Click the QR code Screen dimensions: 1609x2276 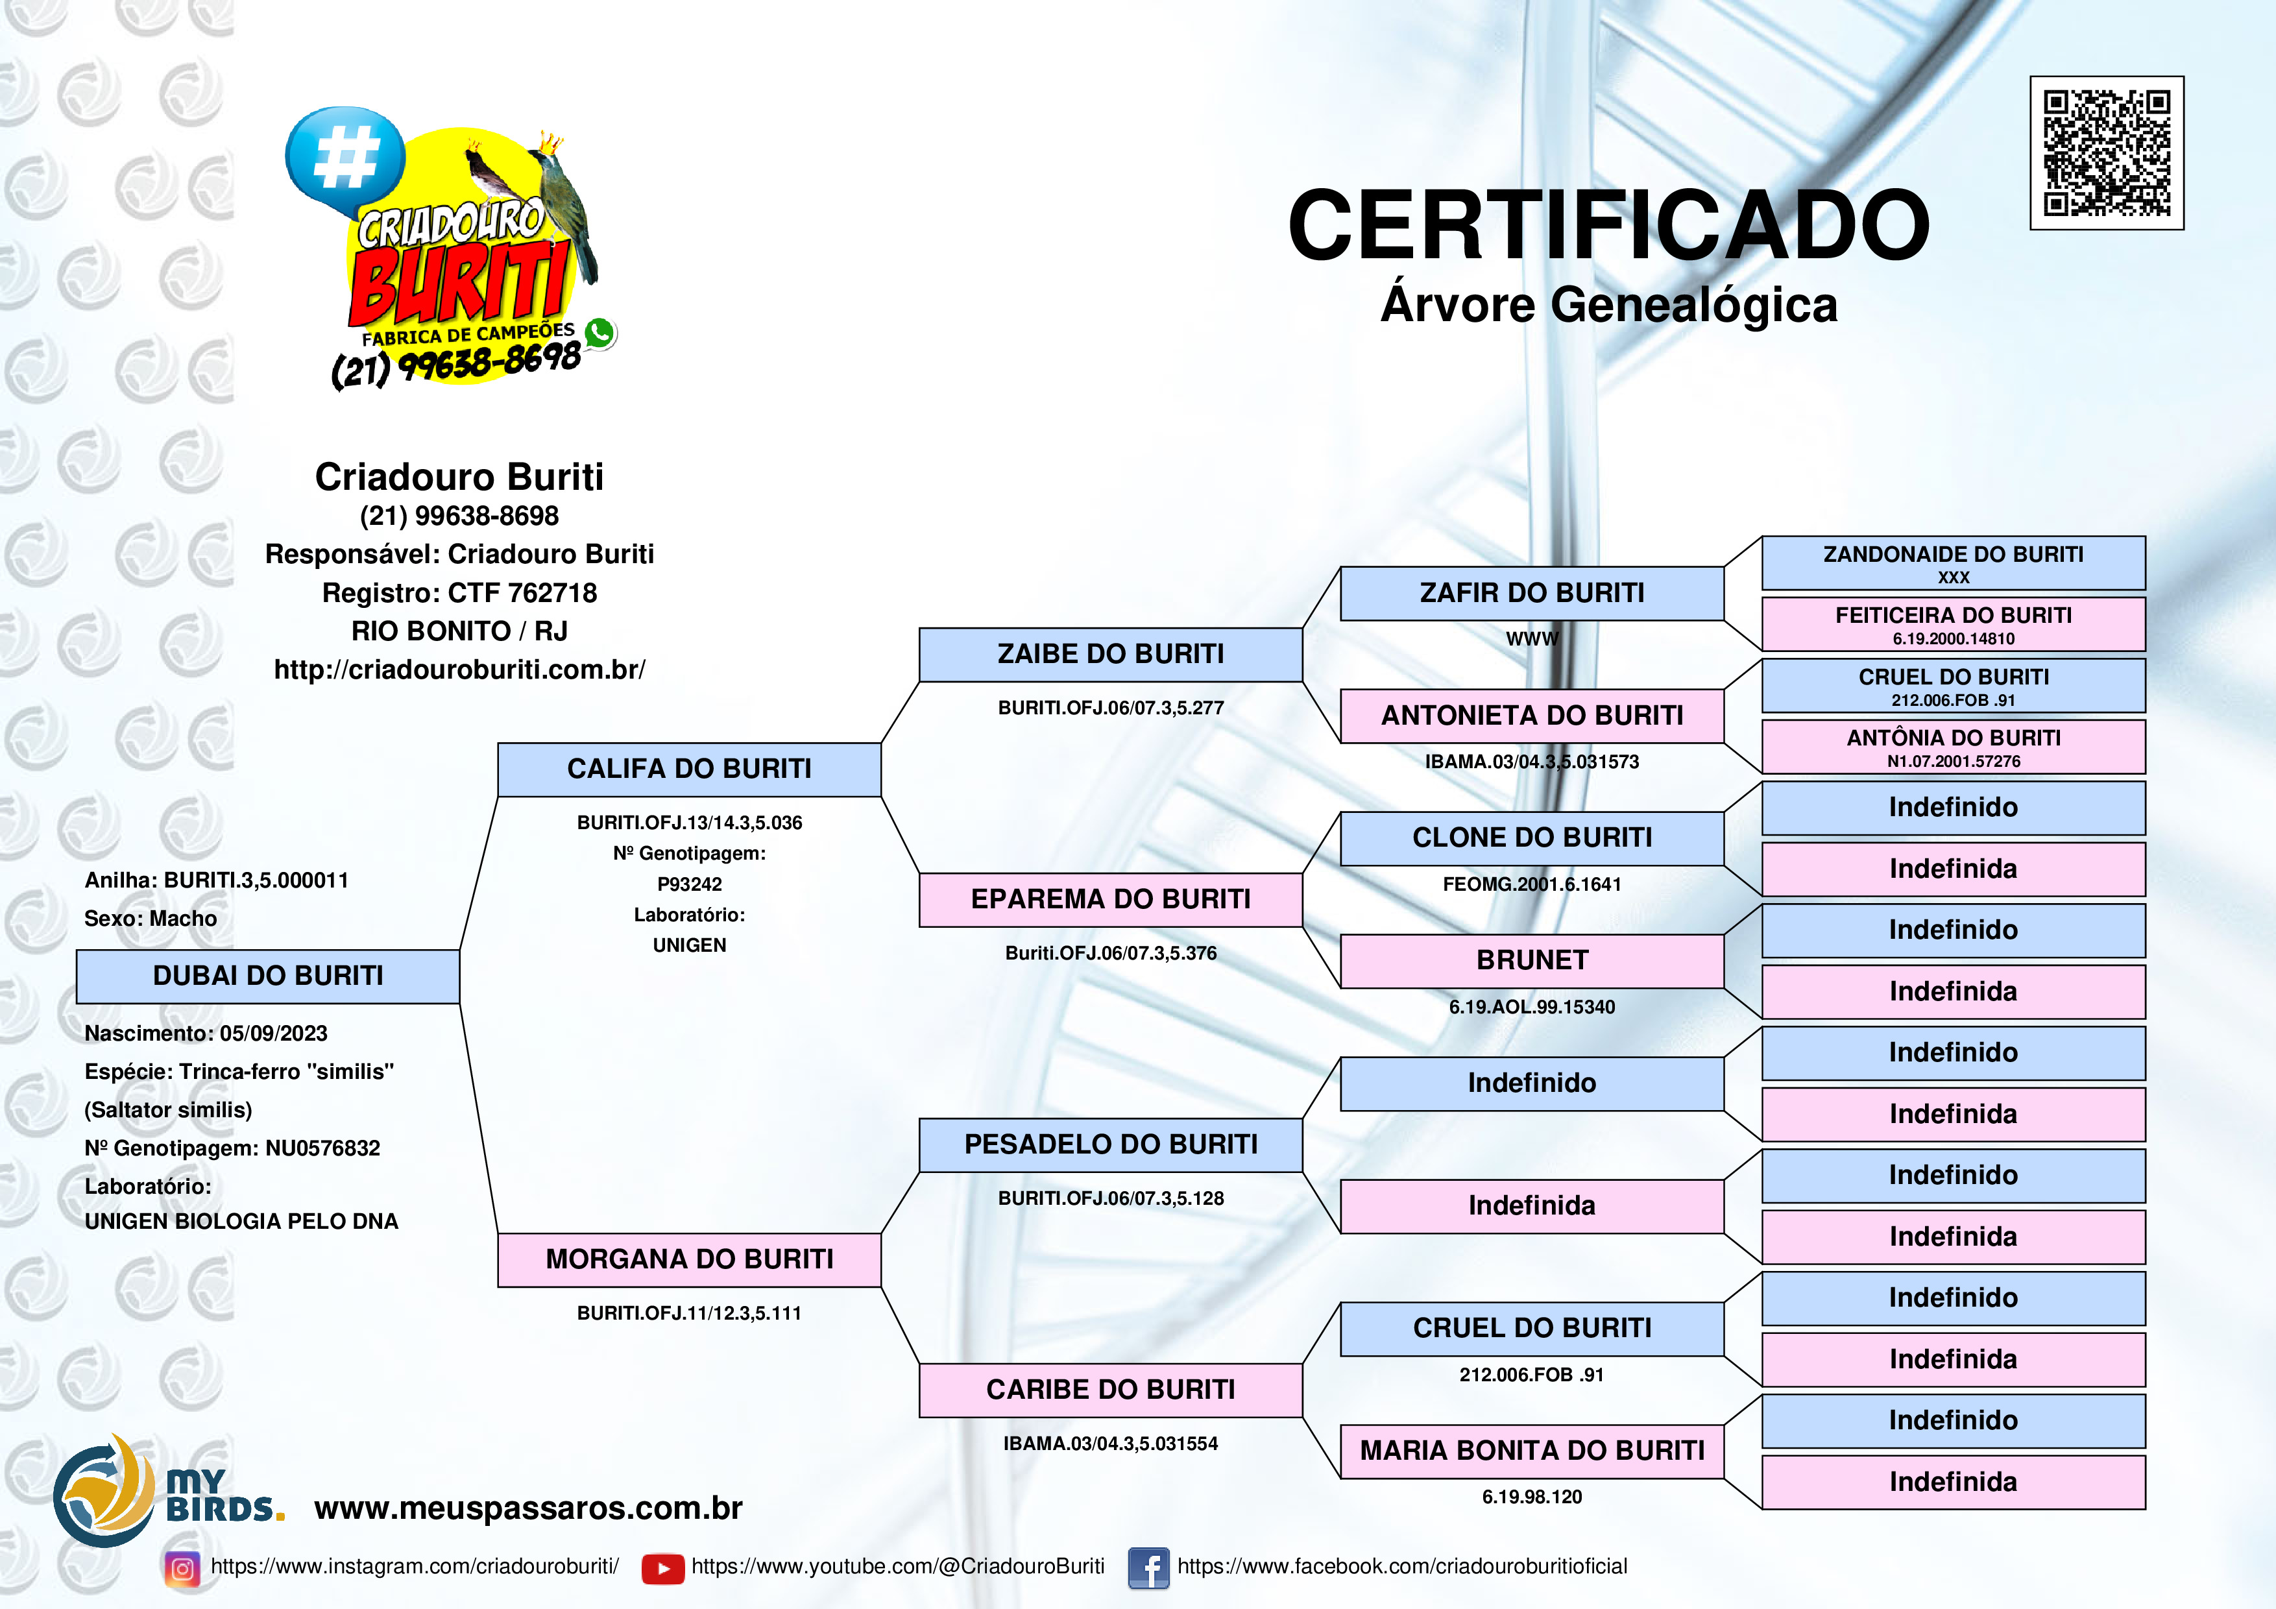click(2107, 152)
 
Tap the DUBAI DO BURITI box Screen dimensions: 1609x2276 click(268, 976)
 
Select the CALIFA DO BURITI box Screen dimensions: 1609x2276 click(689, 769)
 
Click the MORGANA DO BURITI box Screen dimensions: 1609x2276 click(689, 1260)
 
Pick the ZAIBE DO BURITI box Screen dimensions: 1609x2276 click(1110, 655)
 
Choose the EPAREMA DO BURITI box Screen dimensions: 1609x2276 click(1110, 899)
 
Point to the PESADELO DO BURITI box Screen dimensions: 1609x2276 click(1110, 1145)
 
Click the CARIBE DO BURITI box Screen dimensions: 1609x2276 click(1110, 1390)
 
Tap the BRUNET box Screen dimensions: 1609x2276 click(1532, 961)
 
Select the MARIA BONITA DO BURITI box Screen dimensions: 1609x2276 click(1532, 1451)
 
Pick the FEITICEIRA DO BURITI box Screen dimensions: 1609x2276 click(1953, 623)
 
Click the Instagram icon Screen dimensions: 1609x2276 click(182, 1568)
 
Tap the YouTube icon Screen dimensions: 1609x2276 click(662, 1568)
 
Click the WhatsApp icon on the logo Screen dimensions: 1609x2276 click(599, 333)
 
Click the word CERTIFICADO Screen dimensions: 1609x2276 click(1608, 225)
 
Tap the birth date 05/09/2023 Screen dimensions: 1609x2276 click(274, 1033)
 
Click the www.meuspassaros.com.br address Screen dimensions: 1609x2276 click(528, 1508)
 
